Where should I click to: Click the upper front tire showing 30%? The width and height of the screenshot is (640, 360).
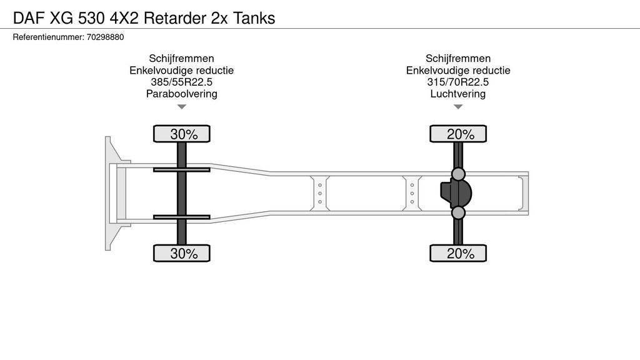(182, 134)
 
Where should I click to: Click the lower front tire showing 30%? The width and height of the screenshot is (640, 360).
(182, 253)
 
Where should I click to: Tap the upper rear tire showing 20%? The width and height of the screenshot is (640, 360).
(458, 134)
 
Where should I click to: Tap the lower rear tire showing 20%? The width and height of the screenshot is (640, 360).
(458, 253)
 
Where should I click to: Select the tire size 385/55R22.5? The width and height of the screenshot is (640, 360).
(181, 82)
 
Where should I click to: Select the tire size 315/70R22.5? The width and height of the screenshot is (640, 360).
(458, 82)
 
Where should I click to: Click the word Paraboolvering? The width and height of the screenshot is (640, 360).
(181, 94)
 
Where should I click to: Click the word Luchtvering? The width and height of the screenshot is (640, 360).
(458, 94)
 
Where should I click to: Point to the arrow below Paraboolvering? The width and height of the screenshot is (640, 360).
(182, 107)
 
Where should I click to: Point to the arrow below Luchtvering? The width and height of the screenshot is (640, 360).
(458, 107)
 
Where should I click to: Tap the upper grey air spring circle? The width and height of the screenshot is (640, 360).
(459, 174)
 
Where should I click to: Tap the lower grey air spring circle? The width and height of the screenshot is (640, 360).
(459, 213)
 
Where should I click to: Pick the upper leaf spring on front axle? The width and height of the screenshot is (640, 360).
(182, 169)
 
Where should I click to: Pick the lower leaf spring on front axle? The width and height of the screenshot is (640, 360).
(182, 217)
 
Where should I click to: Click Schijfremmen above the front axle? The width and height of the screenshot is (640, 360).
(181, 59)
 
